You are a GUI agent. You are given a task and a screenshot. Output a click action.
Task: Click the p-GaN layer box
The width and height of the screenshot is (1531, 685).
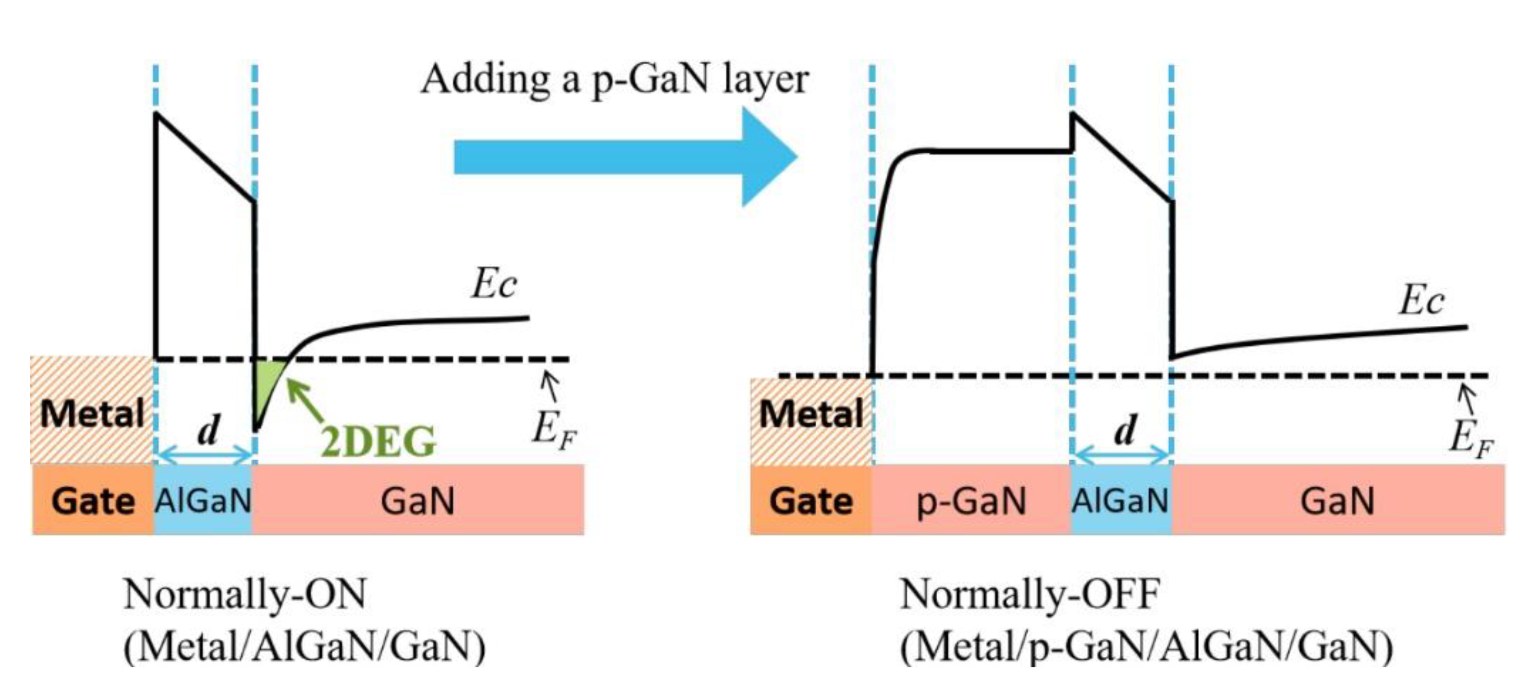[x=971, y=499]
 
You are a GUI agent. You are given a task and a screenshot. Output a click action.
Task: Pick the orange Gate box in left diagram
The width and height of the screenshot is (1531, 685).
[x=93, y=499]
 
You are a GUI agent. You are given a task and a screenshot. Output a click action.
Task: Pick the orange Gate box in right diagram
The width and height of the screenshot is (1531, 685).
[x=811, y=499]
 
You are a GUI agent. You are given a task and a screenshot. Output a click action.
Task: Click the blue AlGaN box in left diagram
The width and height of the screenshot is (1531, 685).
[x=203, y=499]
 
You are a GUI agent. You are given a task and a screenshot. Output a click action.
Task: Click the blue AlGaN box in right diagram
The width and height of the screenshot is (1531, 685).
[x=1121, y=499]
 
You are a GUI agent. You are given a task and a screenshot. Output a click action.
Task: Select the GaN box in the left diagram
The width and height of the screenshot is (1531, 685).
[x=417, y=499]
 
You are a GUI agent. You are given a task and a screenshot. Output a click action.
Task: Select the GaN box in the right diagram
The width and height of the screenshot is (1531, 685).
[x=1337, y=499]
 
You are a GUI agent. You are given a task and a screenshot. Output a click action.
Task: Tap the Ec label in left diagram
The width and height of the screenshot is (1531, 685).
[x=493, y=283]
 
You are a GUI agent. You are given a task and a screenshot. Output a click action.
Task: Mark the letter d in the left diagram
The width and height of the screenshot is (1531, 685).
[x=208, y=430]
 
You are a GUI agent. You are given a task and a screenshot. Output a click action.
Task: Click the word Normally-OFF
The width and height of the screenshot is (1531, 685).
[x=1030, y=593]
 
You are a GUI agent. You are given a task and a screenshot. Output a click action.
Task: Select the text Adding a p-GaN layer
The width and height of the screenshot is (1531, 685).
[x=615, y=80]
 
